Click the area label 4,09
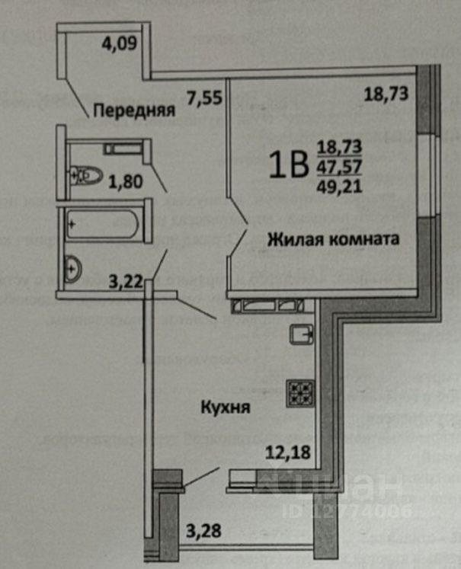tap(119, 43)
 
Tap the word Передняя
tap(134, 110)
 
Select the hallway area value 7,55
tap(203, 96)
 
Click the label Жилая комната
tap(333, 239)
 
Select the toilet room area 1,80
tap(123, 182)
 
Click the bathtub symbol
tap(101, 225)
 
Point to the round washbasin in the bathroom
tap(75, 269)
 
